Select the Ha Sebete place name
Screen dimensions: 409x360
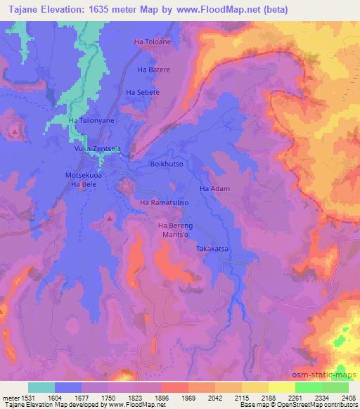pyautogui.click(x=143, y=92)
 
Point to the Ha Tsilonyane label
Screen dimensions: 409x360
pyautogui.click(x=91, y=121)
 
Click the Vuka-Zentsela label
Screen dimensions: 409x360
pyautogui.click(x=98, y=149)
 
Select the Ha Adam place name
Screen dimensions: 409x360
pyautogui.click(x=214, y=189)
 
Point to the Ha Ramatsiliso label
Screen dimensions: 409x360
pyautogui.click(x=162, y=203)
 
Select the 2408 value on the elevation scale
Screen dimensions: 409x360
pyautogui.click(x=348, y=397)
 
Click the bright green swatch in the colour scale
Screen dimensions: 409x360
pyautogui.click(x=308, y=387)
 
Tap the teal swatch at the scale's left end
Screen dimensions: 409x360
pyautogui.click(x=41, y=387)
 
